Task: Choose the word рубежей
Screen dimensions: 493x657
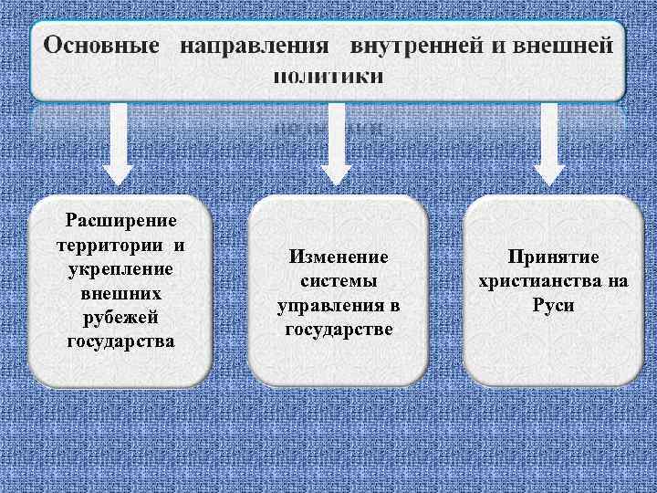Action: (x=120, y=318)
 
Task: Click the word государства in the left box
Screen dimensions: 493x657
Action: (x=120, y=341)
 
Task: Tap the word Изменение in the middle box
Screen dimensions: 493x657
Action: (x=338, y=257)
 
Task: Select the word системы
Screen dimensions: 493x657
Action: (x=338, y=281)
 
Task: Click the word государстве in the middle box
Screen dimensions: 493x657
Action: (x=338, y=329)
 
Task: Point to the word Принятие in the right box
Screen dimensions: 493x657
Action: (x=553, y=257)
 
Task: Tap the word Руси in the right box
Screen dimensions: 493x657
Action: (x=553, y=305)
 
